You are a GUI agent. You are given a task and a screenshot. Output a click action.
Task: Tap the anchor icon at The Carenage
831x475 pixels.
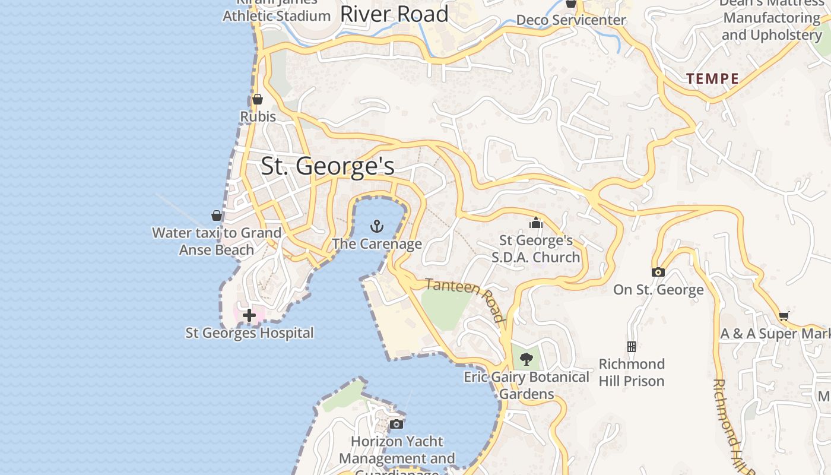pyautogui.click(x=377, y=226)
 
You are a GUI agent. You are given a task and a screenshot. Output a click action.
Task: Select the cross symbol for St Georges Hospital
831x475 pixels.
pyautogui.click(x=249, y=315)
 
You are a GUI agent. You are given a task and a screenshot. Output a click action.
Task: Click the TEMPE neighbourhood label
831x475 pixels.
pyautogui.click(x=713, y=78)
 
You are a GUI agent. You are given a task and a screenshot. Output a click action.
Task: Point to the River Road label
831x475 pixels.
pyautogui.click(x=394, y=14)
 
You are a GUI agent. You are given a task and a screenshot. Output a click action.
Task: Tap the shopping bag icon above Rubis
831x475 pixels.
pyautogui.click(x=258, y=99)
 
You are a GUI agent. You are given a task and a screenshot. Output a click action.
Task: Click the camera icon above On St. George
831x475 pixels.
pyautogui.click(x=658, y=273)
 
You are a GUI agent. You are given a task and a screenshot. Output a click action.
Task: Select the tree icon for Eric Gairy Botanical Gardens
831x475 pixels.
pyautogui.click(x=526, y=359)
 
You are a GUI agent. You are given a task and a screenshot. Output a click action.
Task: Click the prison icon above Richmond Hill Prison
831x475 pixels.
pyautogui.click(x=632, y=346)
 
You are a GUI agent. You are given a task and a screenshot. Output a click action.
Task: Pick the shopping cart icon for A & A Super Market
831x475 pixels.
pyautogui.click(x=784, y=316)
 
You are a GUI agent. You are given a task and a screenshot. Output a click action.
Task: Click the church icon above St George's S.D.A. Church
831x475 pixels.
pyautogui.click(x=536, y=223)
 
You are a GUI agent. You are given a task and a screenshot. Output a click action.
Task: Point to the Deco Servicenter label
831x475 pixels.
pyautogui.click(x=570, y=20)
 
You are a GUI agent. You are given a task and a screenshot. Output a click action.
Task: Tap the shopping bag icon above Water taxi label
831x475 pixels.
pyautogui.click(x=217, y=216)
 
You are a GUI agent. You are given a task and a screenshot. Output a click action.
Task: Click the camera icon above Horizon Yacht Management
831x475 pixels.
pyautogui.click(x=397, y=424)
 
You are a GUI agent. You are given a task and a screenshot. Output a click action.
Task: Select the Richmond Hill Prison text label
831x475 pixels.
pyautogui.click(x=632, y=372)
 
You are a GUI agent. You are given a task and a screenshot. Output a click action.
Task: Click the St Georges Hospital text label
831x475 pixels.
pyautogui.click(x=249, y=332)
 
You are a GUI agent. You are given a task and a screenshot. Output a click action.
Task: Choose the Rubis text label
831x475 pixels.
pyautogui.click(x=258, y=116)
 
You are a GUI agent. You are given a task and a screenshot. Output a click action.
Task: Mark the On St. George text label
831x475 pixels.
pyautogui.click(x=658, y=290)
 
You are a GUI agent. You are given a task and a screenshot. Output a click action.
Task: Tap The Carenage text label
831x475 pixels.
pyautogui.click(x=377, y=243)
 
